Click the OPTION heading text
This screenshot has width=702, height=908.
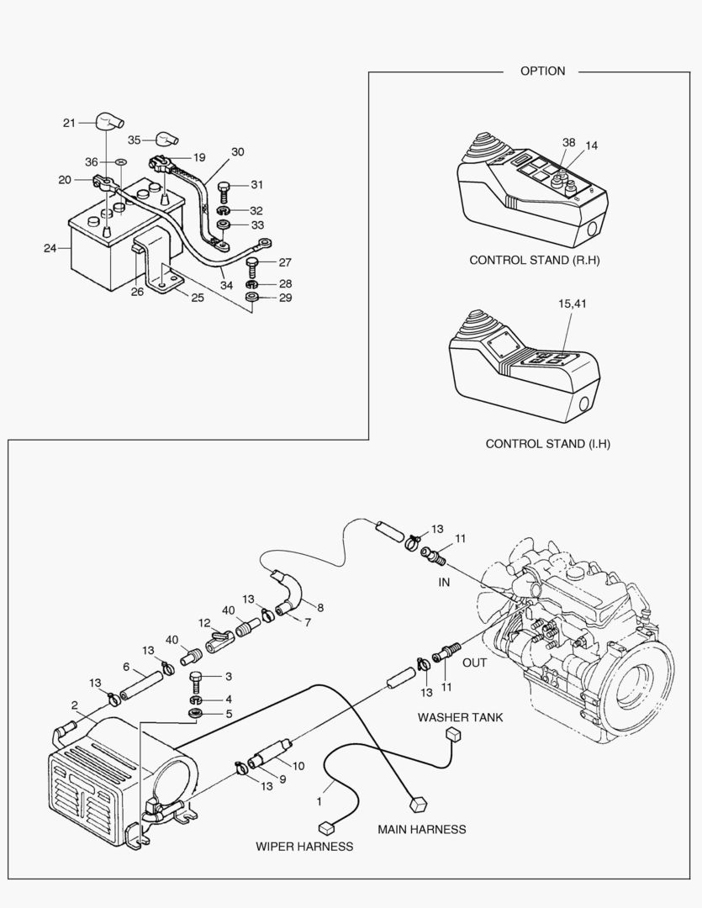[542, 71]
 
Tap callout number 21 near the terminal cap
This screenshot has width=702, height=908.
[69, 123]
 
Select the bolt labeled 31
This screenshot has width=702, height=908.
[224, 188]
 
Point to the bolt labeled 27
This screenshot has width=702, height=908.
[252, 265]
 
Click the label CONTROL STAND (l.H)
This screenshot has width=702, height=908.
[547, 443]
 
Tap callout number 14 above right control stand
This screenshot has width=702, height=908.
[592, 145]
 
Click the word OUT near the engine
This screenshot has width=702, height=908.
[475, 663]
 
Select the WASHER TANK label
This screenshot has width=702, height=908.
[461, 717]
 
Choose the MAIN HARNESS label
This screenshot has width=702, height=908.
[421, 829]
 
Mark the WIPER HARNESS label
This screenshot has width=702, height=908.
[304, 846]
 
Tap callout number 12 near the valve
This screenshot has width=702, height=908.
[204, 623]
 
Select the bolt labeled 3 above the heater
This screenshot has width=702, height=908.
[197, 680]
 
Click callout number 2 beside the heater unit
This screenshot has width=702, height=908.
[74, 705]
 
